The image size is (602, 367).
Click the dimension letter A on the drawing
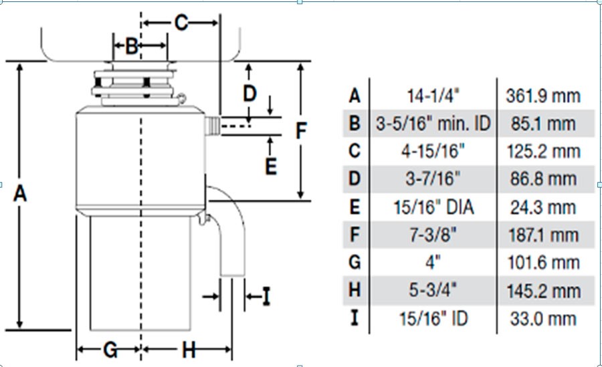(20, 195)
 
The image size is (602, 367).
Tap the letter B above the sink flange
(132, 46)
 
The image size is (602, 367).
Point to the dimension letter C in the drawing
(181, 23)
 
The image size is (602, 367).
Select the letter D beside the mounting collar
(249, 94)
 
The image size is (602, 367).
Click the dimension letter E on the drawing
(270, 165)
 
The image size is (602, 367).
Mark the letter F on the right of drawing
(301, 131)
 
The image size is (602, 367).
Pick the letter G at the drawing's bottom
(110, 350)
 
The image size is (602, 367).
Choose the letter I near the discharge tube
(266, 296)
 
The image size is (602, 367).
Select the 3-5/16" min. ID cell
(433, 124)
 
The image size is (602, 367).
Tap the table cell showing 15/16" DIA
(433, 207)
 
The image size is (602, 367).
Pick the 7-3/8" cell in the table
(433, 235)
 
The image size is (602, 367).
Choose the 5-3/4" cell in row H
(433, 291)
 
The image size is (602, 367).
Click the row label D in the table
(355, 179)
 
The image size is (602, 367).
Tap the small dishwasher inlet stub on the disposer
(212, 125)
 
